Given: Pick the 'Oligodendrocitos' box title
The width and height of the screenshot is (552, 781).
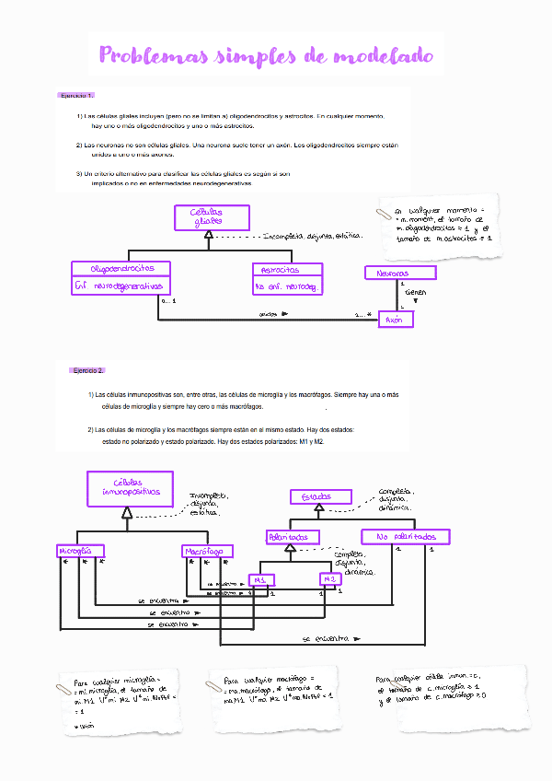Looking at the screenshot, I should tap(121, 268).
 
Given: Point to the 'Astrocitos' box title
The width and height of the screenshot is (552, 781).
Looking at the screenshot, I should tap(288, 270).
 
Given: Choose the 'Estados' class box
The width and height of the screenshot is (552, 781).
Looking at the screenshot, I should tap(316, 496).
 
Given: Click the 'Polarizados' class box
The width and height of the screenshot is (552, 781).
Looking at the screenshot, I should tap(293, 536).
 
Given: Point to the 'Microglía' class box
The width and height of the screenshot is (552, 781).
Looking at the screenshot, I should tap(76, 551).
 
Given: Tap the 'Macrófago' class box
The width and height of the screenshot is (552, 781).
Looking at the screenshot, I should tap(207, 551).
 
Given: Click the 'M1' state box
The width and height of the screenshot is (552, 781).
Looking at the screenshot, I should tap(261, 580).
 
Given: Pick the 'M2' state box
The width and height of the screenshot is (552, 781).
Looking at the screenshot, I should tap(331, 579).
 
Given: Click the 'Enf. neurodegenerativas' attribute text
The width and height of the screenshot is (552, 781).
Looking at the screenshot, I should tap(121, 286).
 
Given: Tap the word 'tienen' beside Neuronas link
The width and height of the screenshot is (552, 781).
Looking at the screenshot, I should tap(415, 292).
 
